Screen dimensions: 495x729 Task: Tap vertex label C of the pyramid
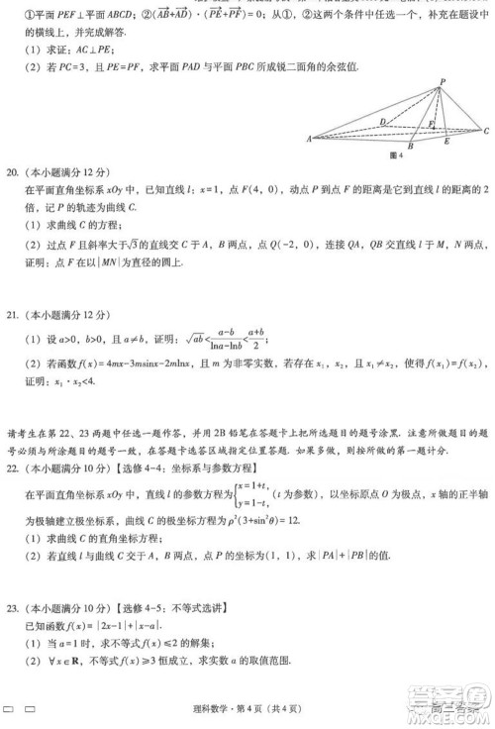tap(486, 131)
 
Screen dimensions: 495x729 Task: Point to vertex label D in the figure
tap(382, 121)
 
